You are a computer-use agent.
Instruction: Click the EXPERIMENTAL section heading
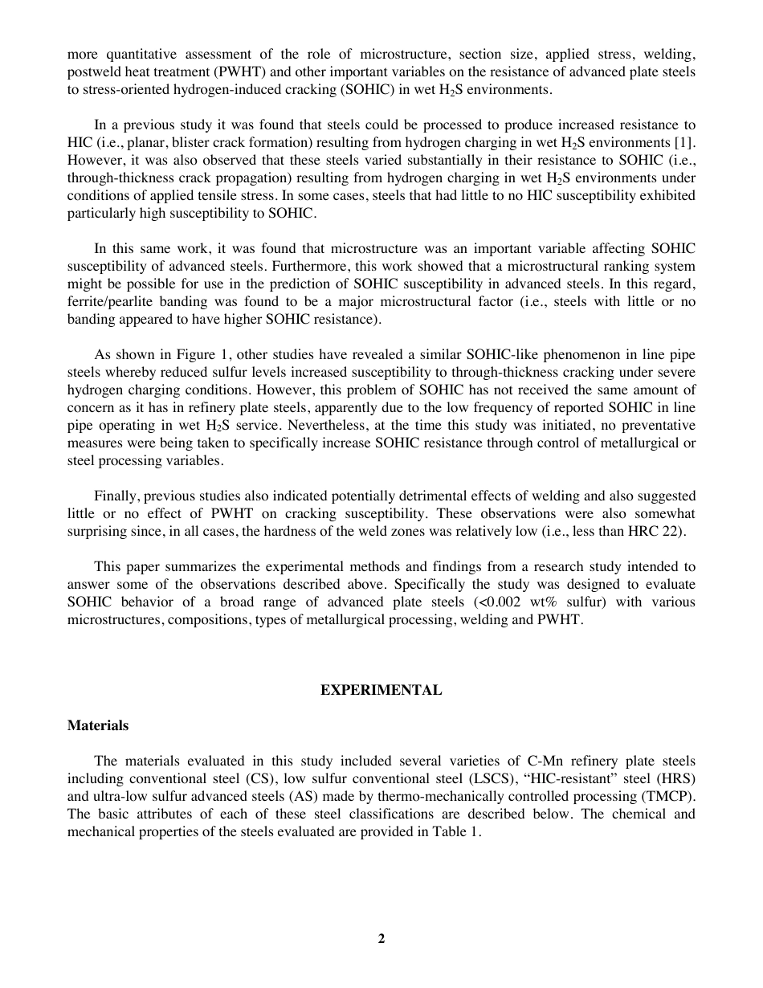pyautogui.click(x=381, y=690)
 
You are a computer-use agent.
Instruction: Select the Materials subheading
pyautogui.click(x=97, y=725)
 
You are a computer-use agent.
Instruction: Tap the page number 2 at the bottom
pyautogui.click(x=381, y=938)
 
